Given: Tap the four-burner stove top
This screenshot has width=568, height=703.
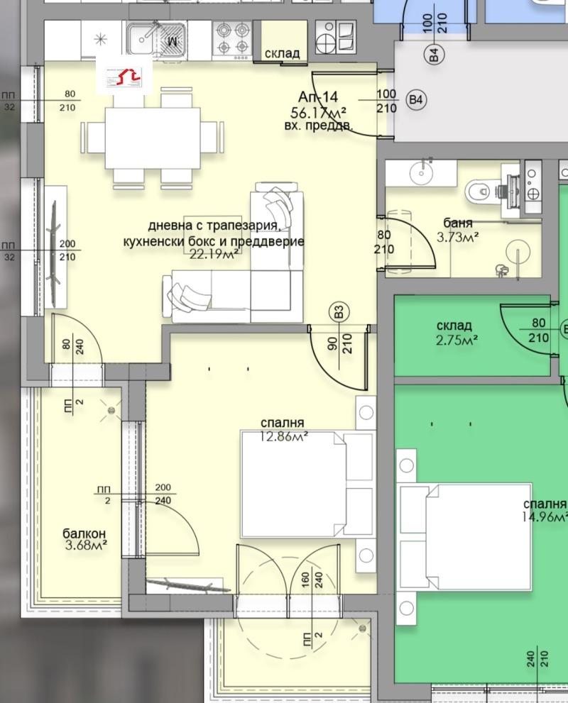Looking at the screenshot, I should (x=233, y=39).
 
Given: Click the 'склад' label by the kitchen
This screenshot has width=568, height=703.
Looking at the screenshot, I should (x=283, y=53).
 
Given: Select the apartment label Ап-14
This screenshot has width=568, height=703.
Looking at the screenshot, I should (x=318, y=98).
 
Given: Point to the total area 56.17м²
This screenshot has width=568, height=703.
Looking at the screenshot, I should (x=319, y=112).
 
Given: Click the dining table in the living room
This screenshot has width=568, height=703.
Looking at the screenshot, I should (x=152, y=138).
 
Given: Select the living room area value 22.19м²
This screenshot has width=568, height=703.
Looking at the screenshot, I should (x=214, y=254).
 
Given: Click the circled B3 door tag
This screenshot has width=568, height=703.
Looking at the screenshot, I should (x=339, y=311).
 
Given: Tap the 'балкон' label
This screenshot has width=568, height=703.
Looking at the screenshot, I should (x=84, y=533).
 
